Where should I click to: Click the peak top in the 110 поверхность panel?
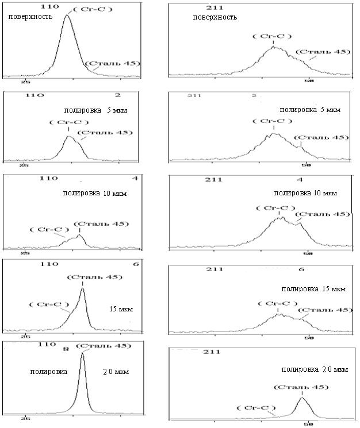click(x=67, y=16)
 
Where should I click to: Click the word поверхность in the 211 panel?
click(x=215, y=17)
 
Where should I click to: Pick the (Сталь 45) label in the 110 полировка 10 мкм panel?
click(x=101, y=223)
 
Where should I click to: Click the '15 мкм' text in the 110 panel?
click(x=121, y=309)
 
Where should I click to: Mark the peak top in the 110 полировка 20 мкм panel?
click(x=82, y=353)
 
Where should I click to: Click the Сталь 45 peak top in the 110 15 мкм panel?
click(x=83, y=288)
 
